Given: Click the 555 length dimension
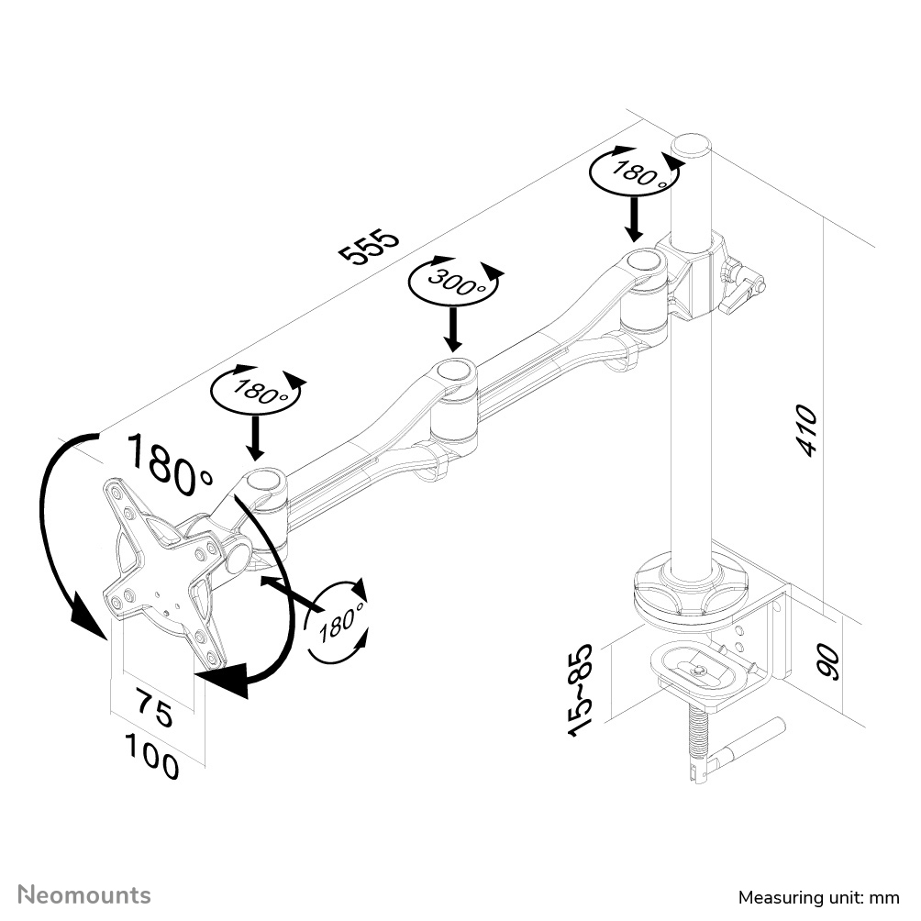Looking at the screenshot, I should click(371, 246).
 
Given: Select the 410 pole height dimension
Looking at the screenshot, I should click(804, 430).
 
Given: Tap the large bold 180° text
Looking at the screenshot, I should click(169, 462).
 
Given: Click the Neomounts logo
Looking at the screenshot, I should click(84, 894).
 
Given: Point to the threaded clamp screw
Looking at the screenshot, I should click(699, 734).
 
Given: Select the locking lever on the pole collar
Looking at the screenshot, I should click(741, 285).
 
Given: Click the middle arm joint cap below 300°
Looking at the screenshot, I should click(456, 372).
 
